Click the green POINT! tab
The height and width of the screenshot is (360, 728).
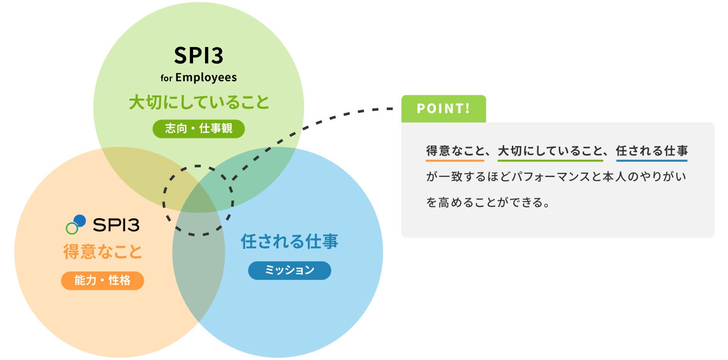point(444,109)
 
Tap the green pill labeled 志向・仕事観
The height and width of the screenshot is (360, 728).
point(199,129)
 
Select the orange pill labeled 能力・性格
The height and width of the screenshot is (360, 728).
point(102,280)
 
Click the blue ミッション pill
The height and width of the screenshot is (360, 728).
point(289,270)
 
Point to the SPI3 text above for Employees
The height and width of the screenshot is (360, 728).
point(199,55)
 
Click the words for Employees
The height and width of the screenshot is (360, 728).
point(199,78)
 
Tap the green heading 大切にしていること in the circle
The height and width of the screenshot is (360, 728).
point(199,102)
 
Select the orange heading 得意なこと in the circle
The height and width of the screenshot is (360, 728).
point(103,251)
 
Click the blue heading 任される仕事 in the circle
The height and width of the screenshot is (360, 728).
point(289,241)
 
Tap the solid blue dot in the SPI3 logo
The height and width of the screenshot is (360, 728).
point(80,220)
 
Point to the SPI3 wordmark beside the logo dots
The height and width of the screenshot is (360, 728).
point(116,225)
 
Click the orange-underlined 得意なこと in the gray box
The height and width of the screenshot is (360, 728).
point(455,151)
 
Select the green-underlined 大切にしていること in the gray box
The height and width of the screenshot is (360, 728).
point(550,151)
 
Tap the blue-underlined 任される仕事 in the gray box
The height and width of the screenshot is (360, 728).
point(652,151)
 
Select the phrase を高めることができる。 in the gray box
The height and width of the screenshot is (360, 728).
point(487,203)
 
